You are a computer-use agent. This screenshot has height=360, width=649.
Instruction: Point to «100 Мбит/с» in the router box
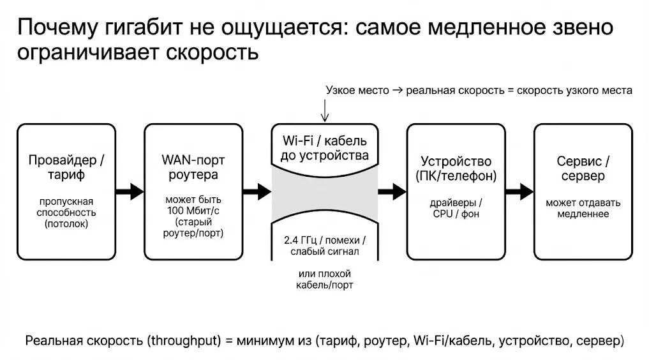[x=194, y=211]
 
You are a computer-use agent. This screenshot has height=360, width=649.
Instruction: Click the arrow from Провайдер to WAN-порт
[x=130, y=190]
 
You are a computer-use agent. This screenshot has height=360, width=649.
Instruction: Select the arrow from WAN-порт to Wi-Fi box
[x=257, y=190]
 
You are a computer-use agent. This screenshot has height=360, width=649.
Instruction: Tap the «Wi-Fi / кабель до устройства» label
[x=324, y=147]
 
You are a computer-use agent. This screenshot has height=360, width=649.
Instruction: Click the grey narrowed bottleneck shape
[x=324, y=190]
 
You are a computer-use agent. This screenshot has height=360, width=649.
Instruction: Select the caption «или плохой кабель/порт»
[x=324, y=280]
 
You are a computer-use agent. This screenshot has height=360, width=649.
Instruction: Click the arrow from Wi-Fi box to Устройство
[x=392, y=190]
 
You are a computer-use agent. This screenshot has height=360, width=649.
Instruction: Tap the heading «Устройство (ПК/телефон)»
[x=455, y=167]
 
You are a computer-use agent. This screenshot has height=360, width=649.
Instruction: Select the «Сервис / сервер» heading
[x=583, y=167]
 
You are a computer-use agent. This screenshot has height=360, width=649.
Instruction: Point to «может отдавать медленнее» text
[x=583, y=208]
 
